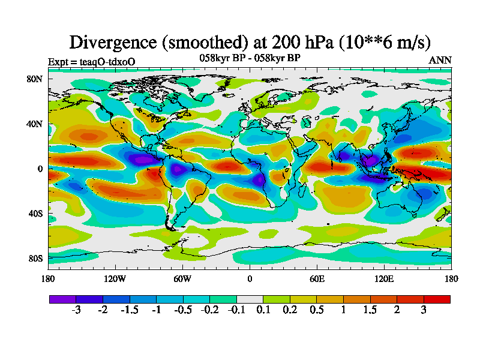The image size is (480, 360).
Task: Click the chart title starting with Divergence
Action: point(250,42)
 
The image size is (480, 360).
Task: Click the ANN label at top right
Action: point(440,60)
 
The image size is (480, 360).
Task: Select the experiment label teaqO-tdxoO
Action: point(91,61)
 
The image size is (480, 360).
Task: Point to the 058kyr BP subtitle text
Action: point(250,58)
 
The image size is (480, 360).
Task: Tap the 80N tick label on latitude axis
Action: point(34,79)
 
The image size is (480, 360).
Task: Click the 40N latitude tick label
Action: point(34,124)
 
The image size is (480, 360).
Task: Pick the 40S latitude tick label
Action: point(34,213)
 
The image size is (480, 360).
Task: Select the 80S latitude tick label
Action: point(34,258)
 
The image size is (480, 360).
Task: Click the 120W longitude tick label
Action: point(115,278)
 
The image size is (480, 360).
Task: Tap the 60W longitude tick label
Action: point(182,278)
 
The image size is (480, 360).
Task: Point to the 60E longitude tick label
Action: point(317,278)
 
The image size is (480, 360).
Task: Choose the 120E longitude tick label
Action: point(384,278)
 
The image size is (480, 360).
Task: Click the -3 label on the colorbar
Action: point(76,310)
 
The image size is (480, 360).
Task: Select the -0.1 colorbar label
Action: point(236,310)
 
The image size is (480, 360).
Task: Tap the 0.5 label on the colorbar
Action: point(317,310)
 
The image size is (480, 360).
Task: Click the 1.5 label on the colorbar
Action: point(370,310)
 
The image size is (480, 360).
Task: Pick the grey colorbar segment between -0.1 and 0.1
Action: point(250,299)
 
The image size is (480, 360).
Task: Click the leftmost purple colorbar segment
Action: point(62,299)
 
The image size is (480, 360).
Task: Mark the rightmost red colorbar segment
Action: point(437,299)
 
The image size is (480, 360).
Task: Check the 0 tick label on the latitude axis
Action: point(40,169)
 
